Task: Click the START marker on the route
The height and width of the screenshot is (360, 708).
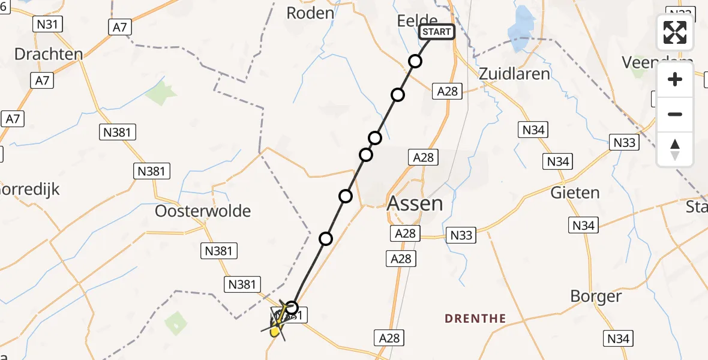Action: tap(437, 32)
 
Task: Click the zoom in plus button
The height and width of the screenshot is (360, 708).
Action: tap(675, 80)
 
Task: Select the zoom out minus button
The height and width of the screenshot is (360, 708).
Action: tap(675, 115)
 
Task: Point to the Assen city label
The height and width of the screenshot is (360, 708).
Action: tap(415, 203)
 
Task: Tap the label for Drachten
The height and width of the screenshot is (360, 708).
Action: tap(48, 55)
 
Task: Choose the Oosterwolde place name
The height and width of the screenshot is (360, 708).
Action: tap(203, 211)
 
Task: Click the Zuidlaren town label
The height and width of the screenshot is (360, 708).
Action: tap(514, 74)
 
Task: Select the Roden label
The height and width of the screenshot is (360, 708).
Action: tap(310, 13)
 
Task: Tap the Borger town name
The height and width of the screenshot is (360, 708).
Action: tap(596, 296)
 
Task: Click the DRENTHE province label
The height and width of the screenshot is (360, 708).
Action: tap(475, 319)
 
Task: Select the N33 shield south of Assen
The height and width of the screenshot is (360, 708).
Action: tap(461, 235)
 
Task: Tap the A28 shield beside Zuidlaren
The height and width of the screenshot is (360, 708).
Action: tap(448, 91)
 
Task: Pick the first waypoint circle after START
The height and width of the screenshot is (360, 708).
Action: tap(415, 61)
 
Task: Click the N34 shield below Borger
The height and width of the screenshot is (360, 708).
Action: tap(618, 339)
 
